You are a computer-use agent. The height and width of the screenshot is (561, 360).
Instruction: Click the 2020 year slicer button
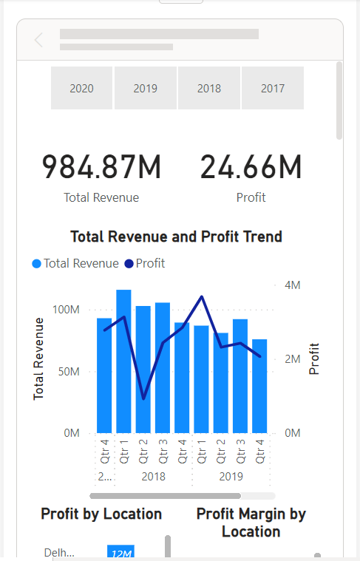[81, 88]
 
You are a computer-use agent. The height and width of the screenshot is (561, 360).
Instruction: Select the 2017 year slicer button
[272, 88]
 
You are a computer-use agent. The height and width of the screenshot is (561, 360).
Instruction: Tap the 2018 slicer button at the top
[209, 88]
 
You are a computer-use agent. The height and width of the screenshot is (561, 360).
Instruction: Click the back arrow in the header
[39, 40]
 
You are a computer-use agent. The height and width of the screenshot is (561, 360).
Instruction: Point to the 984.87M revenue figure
[101, 167]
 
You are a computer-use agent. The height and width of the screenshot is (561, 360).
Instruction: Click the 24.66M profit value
[251, 167]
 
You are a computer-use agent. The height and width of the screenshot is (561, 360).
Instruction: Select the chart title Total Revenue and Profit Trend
[176, 237]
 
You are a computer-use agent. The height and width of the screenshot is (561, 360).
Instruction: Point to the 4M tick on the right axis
[292, 285]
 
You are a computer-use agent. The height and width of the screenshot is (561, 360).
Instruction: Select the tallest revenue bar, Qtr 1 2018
[123, 361]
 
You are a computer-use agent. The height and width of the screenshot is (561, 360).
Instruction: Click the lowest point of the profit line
[143, 398]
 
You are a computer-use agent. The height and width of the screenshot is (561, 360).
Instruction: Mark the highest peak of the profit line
[201, 296]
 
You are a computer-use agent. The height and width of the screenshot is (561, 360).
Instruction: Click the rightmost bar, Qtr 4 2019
[259, 386]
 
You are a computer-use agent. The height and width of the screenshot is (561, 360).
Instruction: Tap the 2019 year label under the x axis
[231, 477]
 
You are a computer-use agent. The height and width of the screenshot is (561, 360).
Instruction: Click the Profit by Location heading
[101, 514]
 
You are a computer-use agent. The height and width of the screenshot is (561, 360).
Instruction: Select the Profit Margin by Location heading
[251, 522]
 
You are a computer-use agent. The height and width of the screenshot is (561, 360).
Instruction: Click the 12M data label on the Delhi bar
[120, 552]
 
